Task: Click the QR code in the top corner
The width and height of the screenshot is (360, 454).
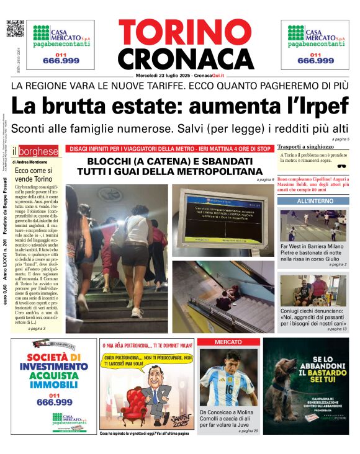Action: pyautogui.click(x=15, y=29)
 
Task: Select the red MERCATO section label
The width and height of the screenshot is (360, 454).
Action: pyautogui.click(x=228, y=342)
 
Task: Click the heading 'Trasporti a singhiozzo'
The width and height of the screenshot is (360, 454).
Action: pyautogui.click(x=305, y=147)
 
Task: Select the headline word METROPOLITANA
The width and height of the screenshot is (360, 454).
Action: pyautogui.click(x=212, y=171)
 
